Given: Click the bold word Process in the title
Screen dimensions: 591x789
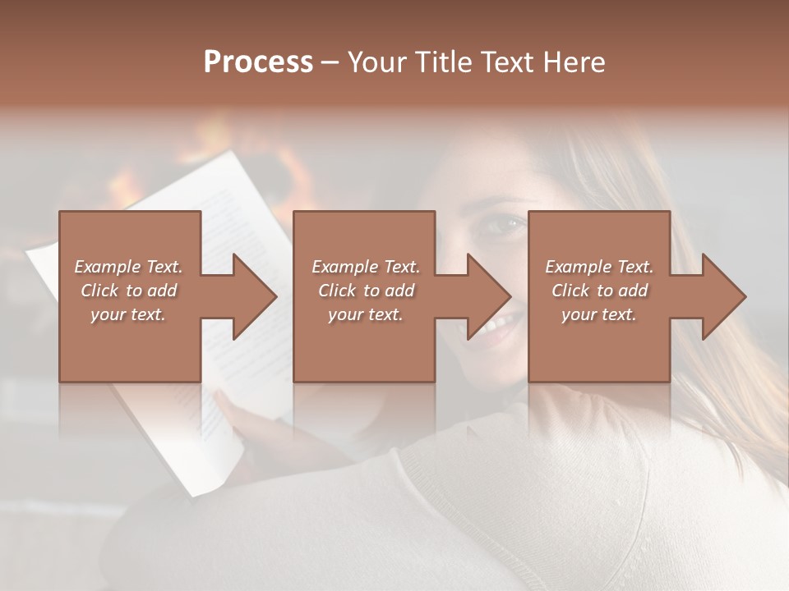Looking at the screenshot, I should (x=258, y=62).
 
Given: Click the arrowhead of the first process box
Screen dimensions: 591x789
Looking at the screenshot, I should (x=255, y=296).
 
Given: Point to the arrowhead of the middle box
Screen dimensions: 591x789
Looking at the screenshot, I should (x=490, y=296).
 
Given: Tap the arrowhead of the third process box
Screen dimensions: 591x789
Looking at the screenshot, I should (x=724, y=296).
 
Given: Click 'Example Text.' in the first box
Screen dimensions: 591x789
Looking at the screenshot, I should (x=128, y=267).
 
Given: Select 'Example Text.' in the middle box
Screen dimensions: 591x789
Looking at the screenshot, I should (x=365, y=267).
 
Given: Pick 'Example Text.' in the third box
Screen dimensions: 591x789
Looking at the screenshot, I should (x=599, y=267).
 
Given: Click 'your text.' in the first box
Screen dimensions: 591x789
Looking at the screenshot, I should (x=128, y=314).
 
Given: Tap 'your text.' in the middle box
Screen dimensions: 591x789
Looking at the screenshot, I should (x=365, y=314).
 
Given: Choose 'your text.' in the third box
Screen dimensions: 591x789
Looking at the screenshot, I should (x=599, y=314).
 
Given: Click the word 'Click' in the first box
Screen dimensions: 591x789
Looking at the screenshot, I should (x=99, y=291).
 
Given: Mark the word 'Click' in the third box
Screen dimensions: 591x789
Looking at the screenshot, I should (x=570, y=291).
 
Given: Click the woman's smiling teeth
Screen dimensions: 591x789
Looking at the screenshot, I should (x=495, y=328).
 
